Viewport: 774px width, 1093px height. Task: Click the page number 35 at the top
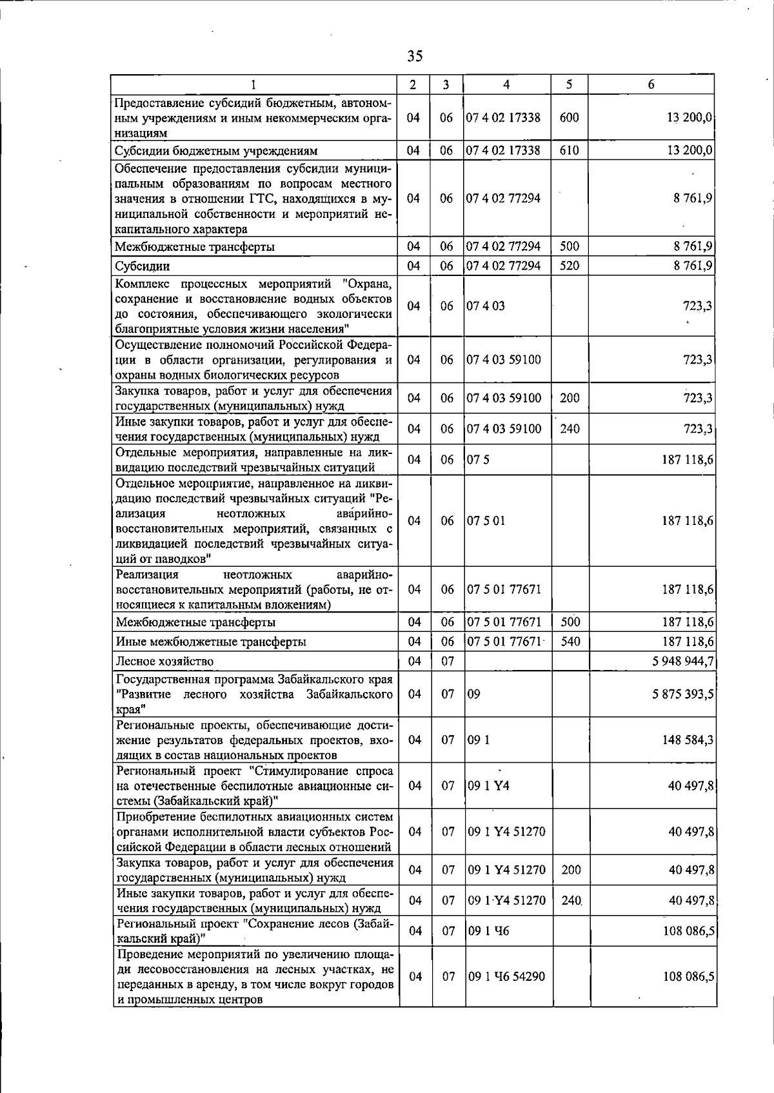tap(415, 56)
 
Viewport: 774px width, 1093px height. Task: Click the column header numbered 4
tap(506, 84)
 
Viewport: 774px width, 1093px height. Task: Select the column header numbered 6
tap(651, 84)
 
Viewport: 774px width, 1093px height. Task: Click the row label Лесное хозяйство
tap(164, 661)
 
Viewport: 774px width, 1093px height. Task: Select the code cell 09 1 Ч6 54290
tap(506, 977)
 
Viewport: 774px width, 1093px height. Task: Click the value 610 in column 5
tap(570, 150)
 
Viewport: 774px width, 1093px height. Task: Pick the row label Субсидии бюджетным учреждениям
tap(216, 151)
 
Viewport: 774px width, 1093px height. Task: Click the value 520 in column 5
tap(570, 266)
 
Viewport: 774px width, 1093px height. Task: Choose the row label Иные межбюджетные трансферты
tap(211, 642)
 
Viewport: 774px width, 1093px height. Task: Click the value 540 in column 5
tap(570, 642)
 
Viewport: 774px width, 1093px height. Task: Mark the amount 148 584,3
tap(688, 740)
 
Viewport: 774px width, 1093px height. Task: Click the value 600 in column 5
tap(570, 118)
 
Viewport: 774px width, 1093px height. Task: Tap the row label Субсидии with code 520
tap(143, 266)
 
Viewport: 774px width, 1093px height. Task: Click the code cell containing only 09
tap(474, 694)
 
